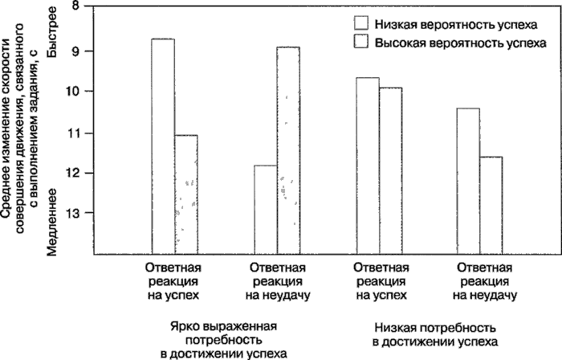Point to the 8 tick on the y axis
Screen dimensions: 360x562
[76, 8]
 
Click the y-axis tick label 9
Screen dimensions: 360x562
[76, 51]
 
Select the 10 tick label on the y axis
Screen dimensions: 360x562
[75, 92]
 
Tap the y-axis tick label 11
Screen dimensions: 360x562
[75, 133]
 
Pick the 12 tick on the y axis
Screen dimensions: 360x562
[75, 173]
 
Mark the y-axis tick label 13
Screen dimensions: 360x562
[75, 213]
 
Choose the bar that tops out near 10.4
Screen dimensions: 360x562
[469, 181]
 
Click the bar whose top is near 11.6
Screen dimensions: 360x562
[491, 205]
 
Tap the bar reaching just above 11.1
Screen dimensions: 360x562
[186, 194]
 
